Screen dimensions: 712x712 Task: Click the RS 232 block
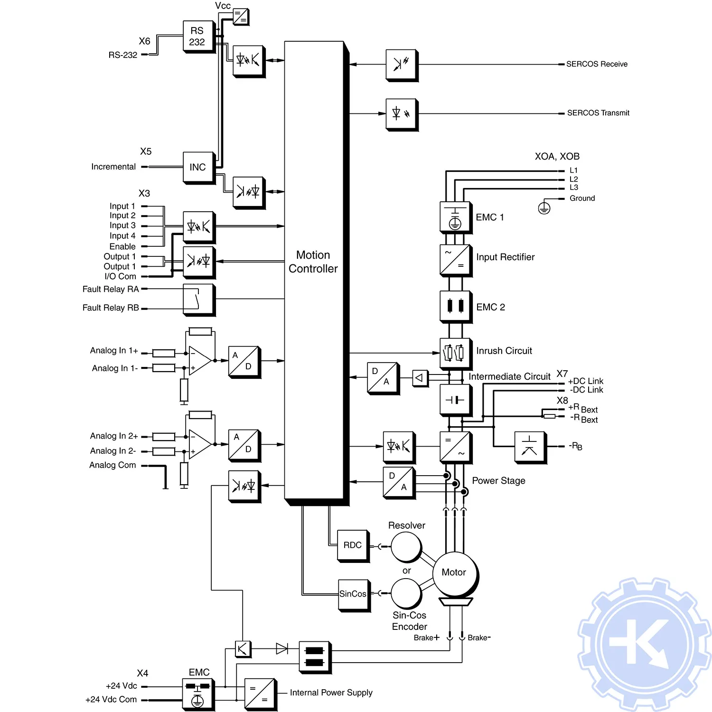tap(197, 37)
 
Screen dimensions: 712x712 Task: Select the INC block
tap(198, 167)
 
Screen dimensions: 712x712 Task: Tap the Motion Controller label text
tap(313, 262)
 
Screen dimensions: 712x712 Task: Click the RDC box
tap(353, 545)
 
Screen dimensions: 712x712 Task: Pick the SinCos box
tap(353, 594)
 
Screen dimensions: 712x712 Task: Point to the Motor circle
tap(454, 573)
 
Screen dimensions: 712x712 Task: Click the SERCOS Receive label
tap(597, 64)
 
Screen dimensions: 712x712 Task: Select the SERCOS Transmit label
tap(598, 113)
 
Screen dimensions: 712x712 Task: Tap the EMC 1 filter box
tap(455, 217)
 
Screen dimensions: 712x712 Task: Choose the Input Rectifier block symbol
tap(455, 259)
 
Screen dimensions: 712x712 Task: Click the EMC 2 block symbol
tap(455, 306)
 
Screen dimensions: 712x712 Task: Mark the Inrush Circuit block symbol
tap(455, 353)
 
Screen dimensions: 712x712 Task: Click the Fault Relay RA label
tap(111, 289)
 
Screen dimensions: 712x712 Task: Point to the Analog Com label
tap(112, 465)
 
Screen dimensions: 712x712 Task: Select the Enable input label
tap(122, 246)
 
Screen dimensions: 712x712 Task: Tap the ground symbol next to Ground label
tap(544, 208)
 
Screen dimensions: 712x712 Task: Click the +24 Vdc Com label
tap(111, 700)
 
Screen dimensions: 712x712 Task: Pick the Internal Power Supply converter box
tap(260, 693)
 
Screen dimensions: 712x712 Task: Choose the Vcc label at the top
tap(223, 6)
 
